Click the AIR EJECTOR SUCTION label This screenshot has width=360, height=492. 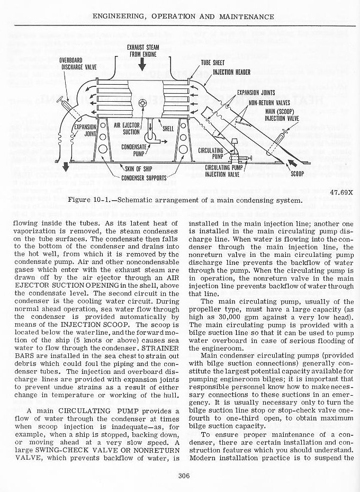(127, 129)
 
